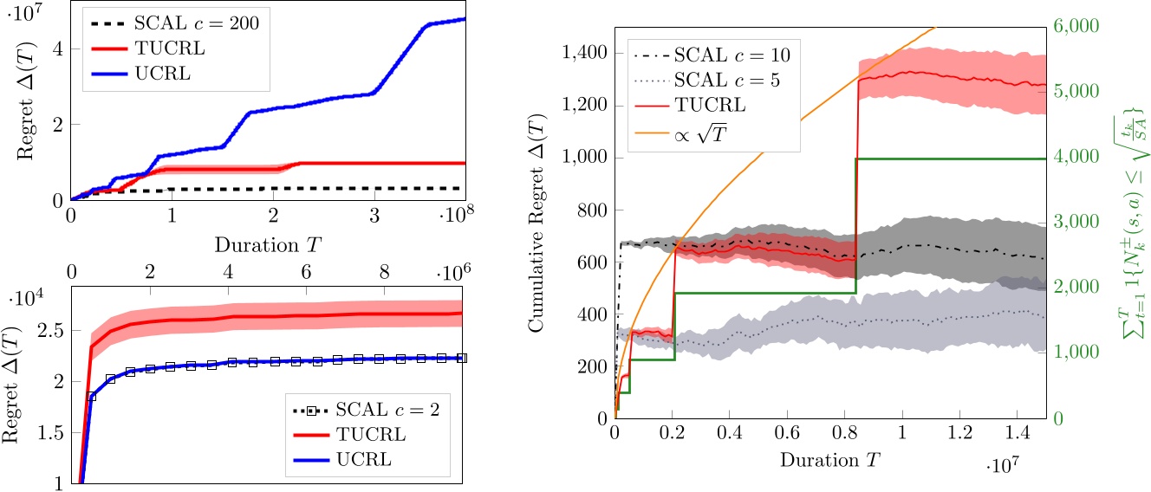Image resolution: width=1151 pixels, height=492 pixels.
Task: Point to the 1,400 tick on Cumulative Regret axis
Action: (x=584, y=53)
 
